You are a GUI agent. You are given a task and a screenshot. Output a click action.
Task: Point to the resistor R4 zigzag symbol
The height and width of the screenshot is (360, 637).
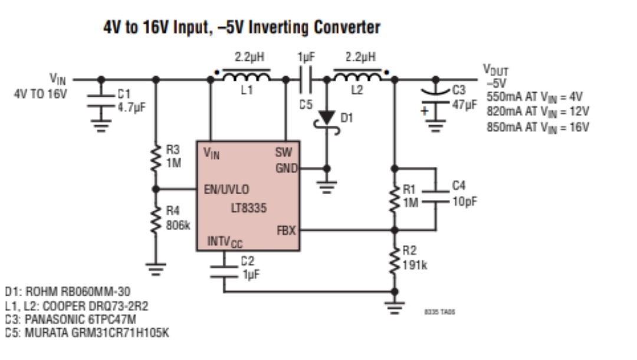pyautogui.click(x=156, y=219)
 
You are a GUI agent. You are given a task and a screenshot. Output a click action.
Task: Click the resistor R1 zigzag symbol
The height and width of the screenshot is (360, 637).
pyautogui.click(x=395, y=198)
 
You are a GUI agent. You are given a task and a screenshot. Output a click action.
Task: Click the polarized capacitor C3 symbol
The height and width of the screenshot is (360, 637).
pyautogui.click(x=436, y=97)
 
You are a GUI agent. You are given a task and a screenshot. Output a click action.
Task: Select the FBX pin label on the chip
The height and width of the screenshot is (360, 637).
pyautogui.click(x=286, y=231)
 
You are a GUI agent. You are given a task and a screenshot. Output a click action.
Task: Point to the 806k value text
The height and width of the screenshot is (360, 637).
pyautogui.click(x=177, y=225)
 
